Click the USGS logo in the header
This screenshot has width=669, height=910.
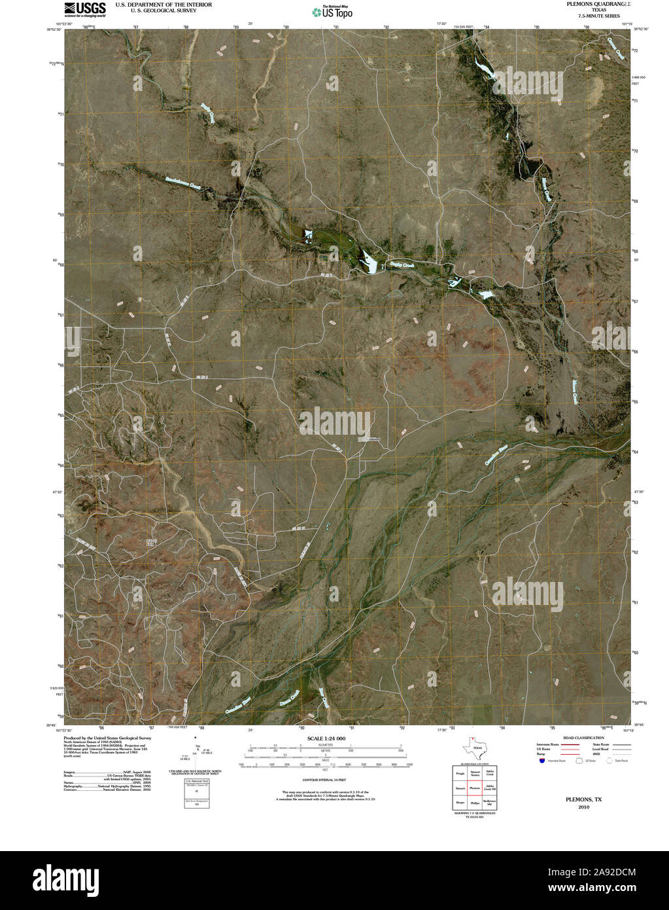[85, 9]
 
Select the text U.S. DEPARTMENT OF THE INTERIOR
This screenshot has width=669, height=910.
[163, 4]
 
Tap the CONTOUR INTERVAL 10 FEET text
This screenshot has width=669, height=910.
[324, 781]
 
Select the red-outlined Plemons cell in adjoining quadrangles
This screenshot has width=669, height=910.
[475, 788]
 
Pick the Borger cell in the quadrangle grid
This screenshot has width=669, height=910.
[460, 802]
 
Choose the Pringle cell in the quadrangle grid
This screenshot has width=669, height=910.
[460, 774]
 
